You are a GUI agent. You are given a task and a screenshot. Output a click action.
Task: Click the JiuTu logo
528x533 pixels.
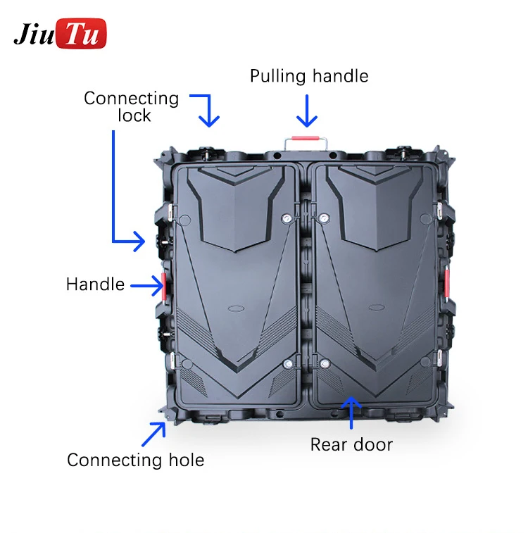point(60,34)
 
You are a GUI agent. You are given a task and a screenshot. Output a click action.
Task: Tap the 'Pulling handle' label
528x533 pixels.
point(309,76)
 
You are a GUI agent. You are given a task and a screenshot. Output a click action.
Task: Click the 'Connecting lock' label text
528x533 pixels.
point(132,106)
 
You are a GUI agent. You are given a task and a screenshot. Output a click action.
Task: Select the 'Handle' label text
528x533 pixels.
point(95,284)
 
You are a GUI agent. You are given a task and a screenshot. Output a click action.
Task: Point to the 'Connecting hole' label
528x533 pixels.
point(135,460)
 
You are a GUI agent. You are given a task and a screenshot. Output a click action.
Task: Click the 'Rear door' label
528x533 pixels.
point(351,444)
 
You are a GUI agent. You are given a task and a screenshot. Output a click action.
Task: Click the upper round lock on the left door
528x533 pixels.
point(287,219)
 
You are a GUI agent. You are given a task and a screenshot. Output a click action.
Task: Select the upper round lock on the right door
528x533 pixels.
point(323,219)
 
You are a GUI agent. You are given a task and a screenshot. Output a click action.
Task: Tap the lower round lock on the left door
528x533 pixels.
point(287,364)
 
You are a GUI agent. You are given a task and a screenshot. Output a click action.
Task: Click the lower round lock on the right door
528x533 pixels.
point(325,364)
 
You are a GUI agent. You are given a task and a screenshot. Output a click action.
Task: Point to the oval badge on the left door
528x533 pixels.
point(235,308)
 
